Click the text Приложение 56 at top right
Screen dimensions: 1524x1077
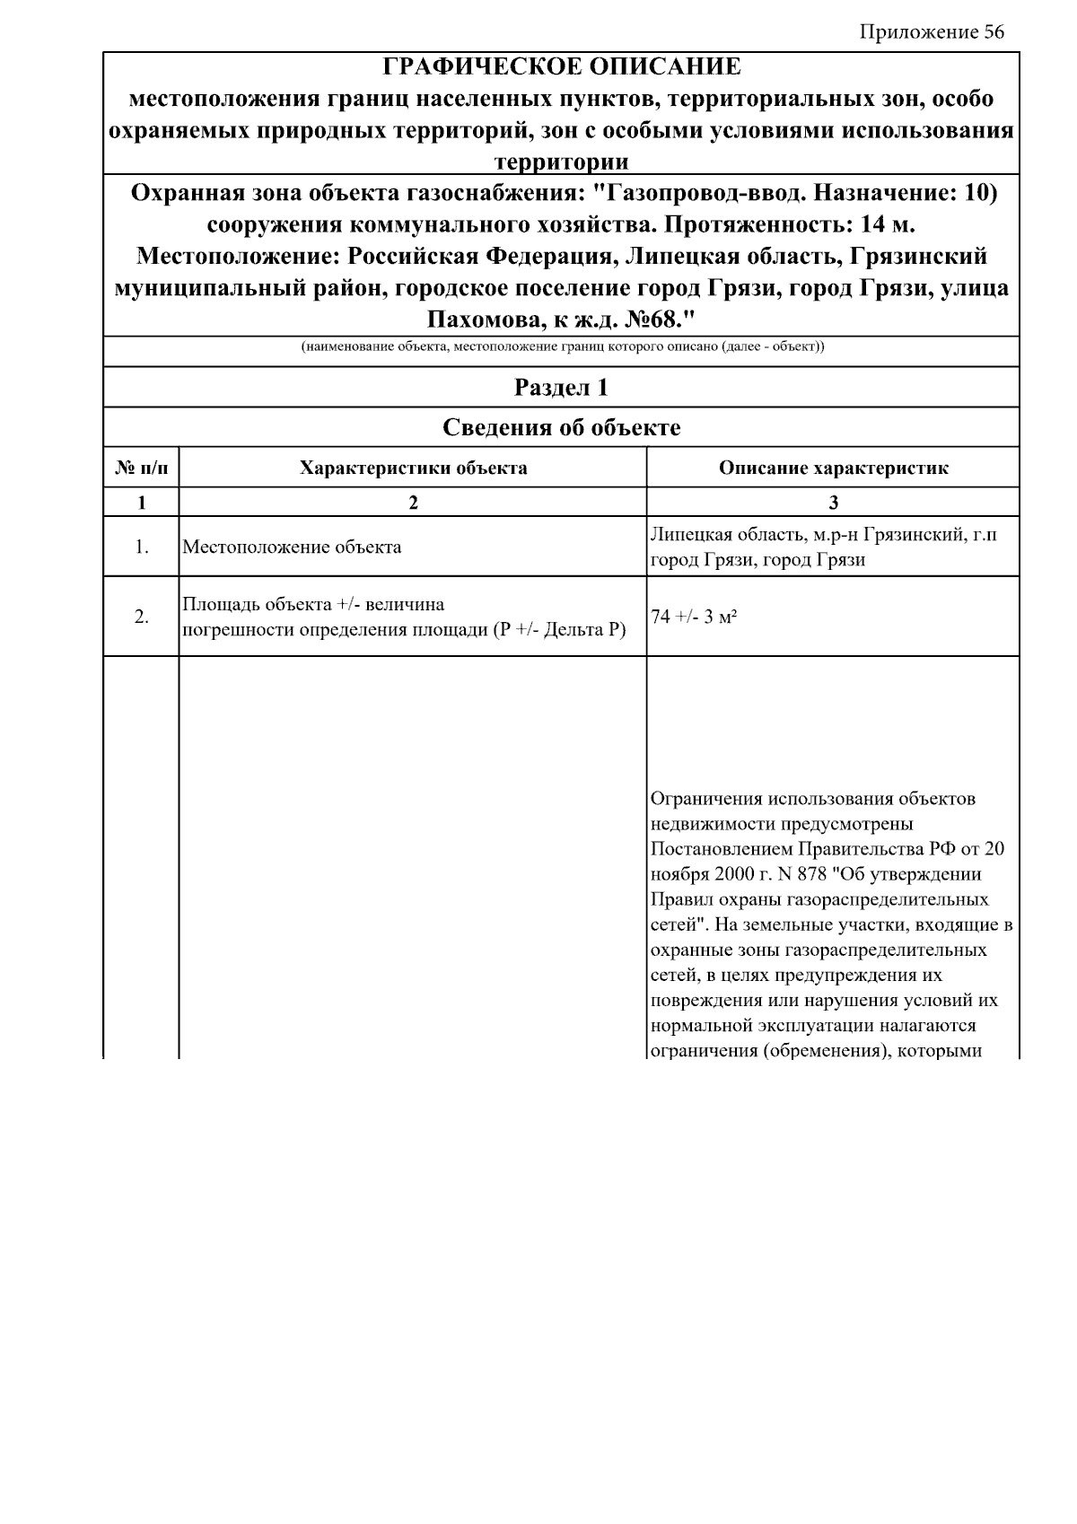click(x=932, y=32)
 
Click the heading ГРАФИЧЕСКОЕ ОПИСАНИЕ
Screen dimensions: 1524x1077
click(x=562, y=67)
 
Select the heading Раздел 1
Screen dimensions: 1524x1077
click(x=561, y=387)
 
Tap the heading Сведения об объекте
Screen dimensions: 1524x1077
click(x=561, y=427)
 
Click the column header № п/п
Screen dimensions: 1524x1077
click(x=141, y=468)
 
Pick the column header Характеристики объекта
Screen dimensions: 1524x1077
click(x=413, y=468)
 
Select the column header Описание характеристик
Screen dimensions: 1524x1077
click(x=833, y=468)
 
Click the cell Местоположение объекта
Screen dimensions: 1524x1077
click(x=292, y=547)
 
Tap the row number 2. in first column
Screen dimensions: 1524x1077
click(x=141, y=617)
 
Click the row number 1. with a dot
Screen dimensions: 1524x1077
click(x=141, y=547)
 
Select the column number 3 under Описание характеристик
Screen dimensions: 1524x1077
click(x=833, y=503)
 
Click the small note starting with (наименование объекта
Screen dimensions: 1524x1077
click(x=562, y=346)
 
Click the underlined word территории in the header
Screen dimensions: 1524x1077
click(x=562, y=162)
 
